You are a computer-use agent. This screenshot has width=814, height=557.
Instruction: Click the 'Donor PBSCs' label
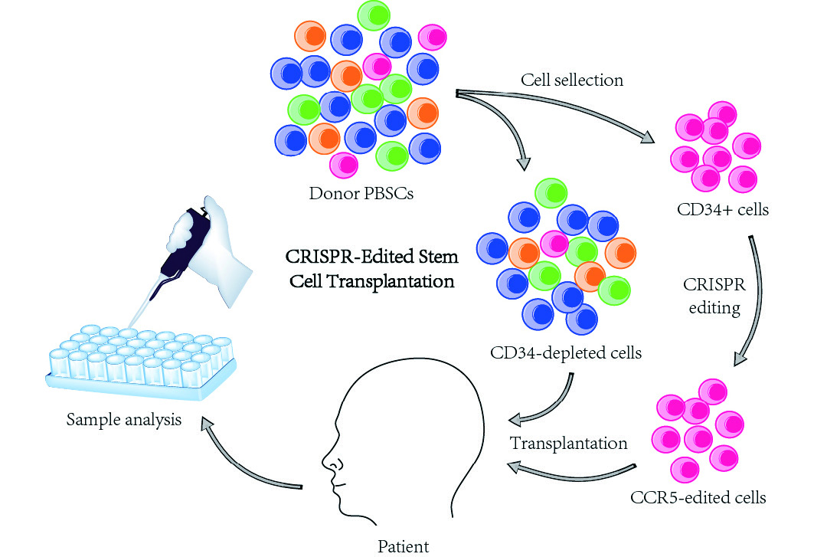[361, 193]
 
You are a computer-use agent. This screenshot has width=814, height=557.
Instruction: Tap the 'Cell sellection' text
[572, 80]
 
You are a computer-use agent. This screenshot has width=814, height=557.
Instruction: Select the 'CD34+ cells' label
[723, 209]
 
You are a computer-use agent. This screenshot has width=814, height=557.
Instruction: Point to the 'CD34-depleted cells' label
[566, 352]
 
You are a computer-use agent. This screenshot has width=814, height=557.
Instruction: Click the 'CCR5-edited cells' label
[698, 497]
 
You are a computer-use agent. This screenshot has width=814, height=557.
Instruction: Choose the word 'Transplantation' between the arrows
[568, 443]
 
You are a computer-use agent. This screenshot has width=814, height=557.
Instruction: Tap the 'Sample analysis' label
[124, 420]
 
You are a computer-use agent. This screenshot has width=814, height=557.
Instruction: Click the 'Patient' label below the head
[404, 546]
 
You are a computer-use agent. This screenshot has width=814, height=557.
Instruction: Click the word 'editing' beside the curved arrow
[714, 307]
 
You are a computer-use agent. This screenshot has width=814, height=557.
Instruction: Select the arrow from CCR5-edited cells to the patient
[571, 473]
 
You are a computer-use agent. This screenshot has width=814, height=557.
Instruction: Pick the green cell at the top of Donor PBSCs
[374, 15]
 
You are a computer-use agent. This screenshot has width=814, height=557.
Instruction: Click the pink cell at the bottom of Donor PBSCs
[344, 165]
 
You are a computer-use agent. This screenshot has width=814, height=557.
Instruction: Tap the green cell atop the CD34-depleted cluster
[551, 193]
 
